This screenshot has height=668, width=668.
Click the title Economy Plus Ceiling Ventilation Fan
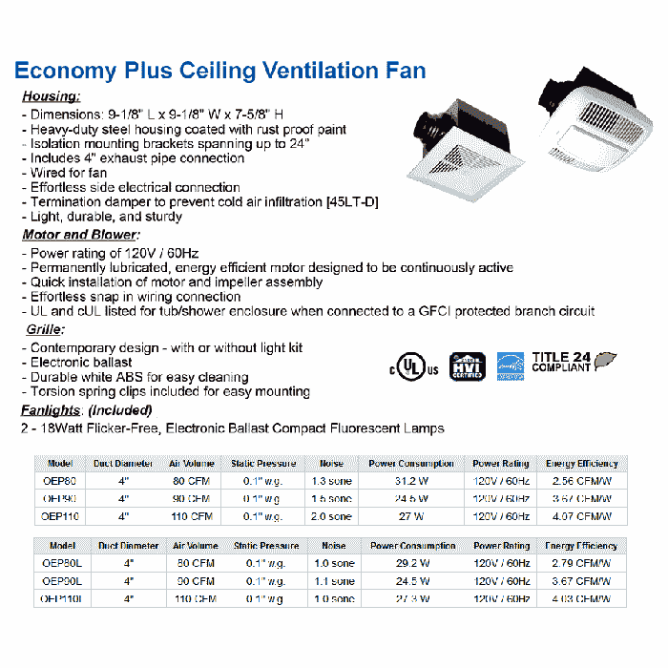click(x=219, y=71)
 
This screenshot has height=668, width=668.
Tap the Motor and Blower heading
click(x=80, y=235)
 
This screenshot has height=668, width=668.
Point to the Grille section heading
click(x=44, y=329)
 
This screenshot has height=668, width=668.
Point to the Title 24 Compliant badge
click(x=572, y=362)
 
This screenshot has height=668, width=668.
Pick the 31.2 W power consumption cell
click(x=411, y=481)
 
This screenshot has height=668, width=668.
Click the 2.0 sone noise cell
click(x=333, y=516)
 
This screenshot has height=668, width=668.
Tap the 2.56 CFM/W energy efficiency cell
click(x=581, y=481)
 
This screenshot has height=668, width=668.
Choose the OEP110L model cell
click(x=61, y=599)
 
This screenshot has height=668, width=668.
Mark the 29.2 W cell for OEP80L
click(x=412, y=564)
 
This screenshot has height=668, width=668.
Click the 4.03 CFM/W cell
click(x=581, y=599)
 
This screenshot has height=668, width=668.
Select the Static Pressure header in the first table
click(x=263, y=464)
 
